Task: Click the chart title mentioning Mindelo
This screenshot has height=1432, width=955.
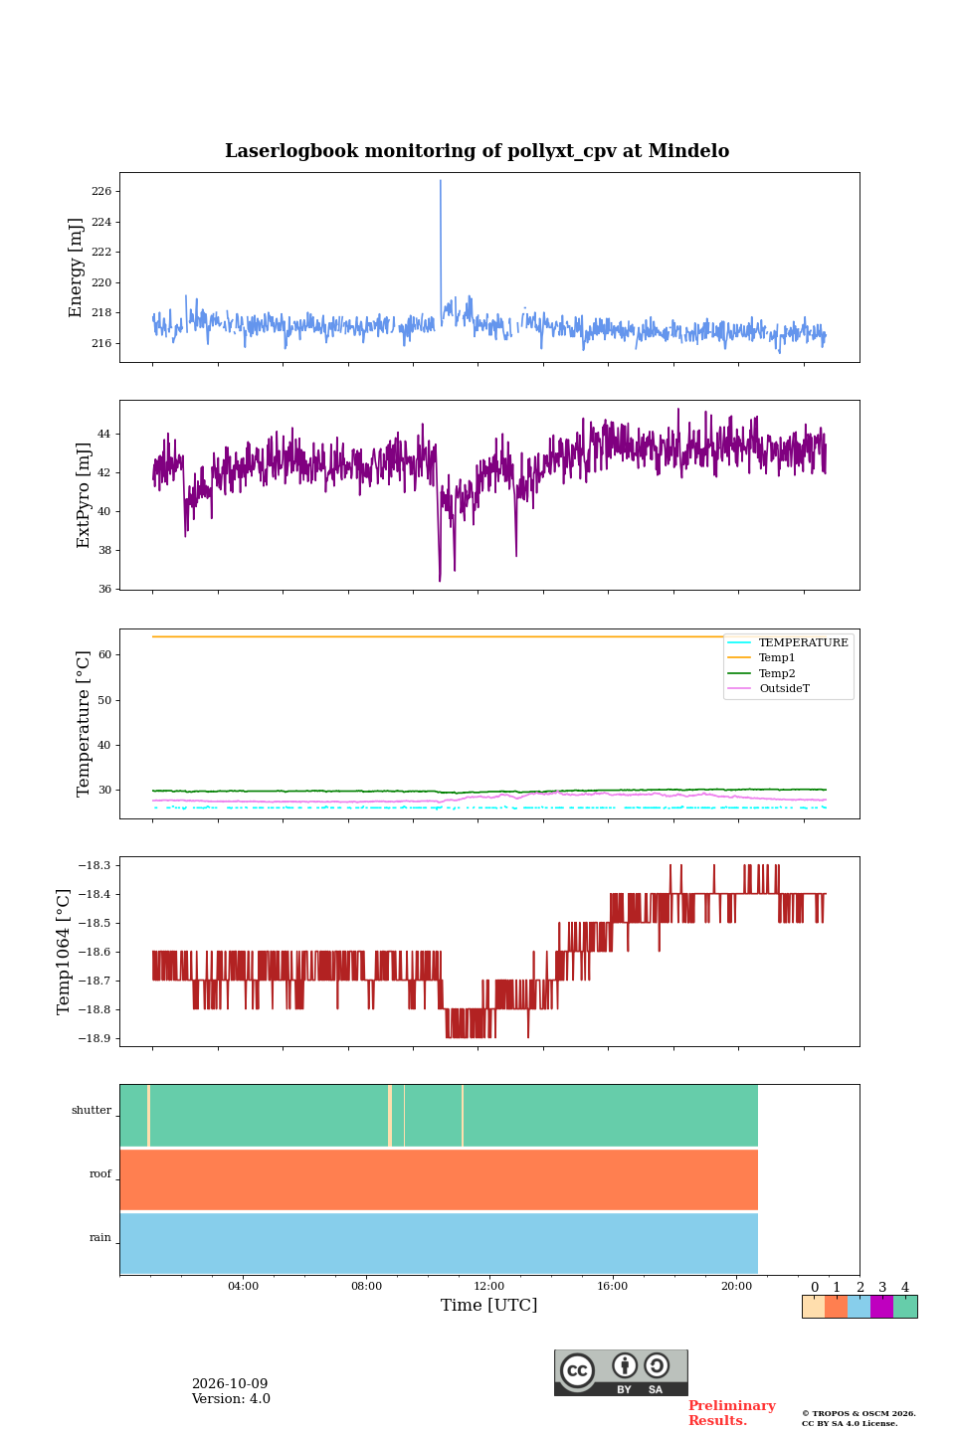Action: point(477,151)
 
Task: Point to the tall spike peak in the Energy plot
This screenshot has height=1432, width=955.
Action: point(440,180)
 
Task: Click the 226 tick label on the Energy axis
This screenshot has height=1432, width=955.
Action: point(101,191)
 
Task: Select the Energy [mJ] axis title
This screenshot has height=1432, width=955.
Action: point(76,268)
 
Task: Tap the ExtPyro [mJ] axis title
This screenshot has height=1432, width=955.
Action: point(84,495)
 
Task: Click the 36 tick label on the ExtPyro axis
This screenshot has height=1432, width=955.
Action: point(104,589)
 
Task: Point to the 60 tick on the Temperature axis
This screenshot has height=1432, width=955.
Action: point(104,654)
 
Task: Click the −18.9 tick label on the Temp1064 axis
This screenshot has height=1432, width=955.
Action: point(95,1038)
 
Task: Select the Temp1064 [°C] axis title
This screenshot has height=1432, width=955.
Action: point(63,952)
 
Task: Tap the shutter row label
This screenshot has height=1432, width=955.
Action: point(92,1110)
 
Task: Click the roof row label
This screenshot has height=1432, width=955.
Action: point(100,1173)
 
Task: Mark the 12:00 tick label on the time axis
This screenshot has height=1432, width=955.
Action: point(488,1286)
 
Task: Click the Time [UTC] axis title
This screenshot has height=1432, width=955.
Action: point(488,1305)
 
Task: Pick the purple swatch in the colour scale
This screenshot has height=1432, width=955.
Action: point(882,1307)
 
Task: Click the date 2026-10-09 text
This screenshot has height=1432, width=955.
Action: point(230,1383)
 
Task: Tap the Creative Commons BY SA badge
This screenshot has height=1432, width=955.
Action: point(621,1372)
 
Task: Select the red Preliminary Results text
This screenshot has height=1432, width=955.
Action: point(732,1413)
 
